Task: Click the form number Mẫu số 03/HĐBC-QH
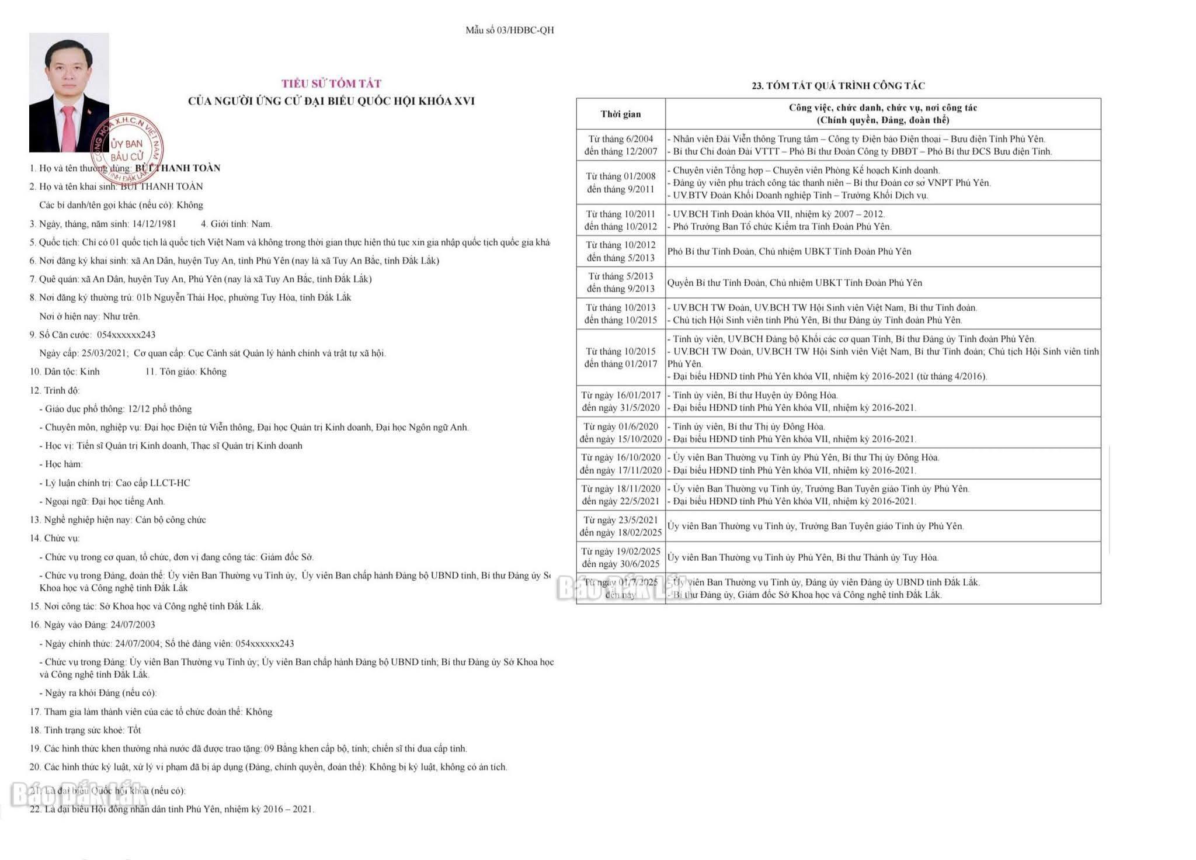point(509,30)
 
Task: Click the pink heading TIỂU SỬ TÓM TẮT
point(331,84)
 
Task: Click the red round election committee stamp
point(127,150)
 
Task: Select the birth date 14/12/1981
point(154,224)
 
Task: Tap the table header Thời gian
point(620,114)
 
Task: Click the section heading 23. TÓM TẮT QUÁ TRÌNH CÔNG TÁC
point(838,86)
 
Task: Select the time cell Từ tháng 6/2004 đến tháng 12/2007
point(620,145)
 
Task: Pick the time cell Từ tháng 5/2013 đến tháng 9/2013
point(620,282)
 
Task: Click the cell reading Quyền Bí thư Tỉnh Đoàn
point(794,283)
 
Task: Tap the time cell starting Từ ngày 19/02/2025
point(620,557)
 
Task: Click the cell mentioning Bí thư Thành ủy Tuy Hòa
point(802,557)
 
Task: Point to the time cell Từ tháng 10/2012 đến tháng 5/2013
point(620,251)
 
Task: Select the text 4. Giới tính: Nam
point(237,224)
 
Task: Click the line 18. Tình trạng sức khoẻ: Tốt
point(85,730)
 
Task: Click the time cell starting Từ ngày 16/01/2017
point(620,401)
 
